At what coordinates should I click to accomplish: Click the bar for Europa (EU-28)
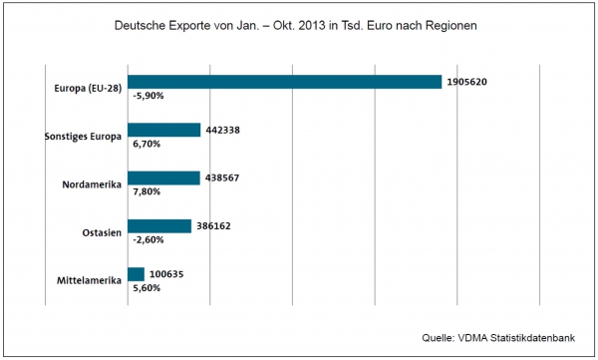[x=284, y=82]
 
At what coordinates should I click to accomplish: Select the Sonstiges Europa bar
[x=164, y=130]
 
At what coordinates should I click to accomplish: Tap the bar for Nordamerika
[x=163, y=178]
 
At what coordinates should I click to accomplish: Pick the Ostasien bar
[x=159, y=226]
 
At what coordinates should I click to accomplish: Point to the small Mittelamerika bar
[x=137, y=274]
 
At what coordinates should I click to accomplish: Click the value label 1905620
[x=466, y=82]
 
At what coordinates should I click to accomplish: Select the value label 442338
[x=222, y=131]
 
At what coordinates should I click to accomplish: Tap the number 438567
[x=222, y=178]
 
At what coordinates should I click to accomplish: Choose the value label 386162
[x=213, y=226]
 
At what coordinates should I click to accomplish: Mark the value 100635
[x=166, y=274]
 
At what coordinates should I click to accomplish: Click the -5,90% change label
[x=149, y=96]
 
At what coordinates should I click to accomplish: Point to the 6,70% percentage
[x=147, y=144]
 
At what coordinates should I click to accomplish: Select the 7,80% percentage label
[x=147, y=191]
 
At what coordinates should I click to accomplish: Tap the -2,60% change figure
[x=149, y=239]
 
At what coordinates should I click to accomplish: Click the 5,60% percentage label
[x=147, y=288]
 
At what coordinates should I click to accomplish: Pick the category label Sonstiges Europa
[x=83, y=137]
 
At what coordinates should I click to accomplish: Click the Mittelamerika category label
[x=90, y=280]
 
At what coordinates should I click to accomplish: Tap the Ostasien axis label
[x=102, y=232]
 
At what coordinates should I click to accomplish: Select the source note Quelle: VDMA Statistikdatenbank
[x=498, y=338]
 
